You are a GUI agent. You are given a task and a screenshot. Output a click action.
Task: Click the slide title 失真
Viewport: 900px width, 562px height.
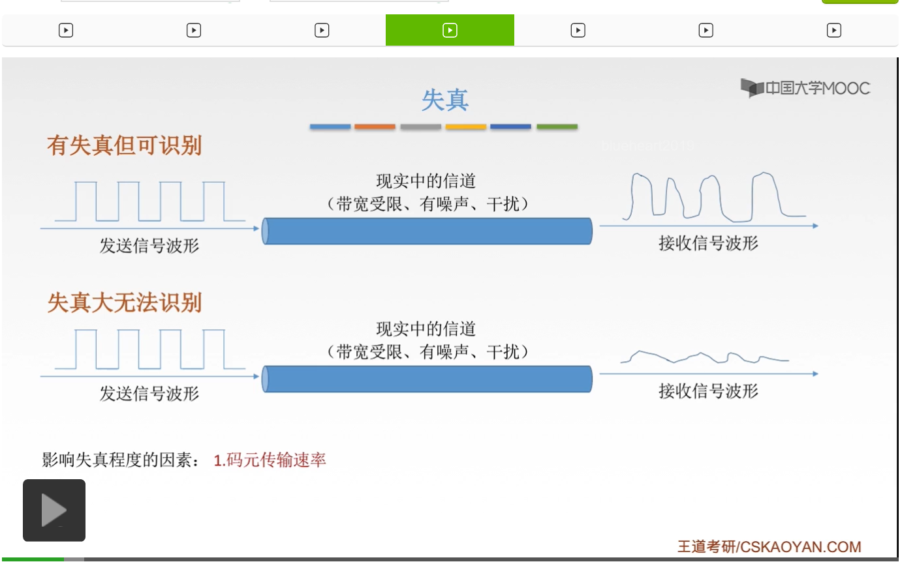pyautogui.click(x=444, y=100)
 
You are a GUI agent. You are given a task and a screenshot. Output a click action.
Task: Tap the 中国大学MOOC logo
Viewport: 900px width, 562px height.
pyautogui.click(x=805, y=88)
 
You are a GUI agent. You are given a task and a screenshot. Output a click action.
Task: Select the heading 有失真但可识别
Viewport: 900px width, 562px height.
pyautogui.click(x=124, y=145)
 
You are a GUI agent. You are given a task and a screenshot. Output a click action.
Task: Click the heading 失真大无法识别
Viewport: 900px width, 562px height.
pyautogui.click(x=124, y=303)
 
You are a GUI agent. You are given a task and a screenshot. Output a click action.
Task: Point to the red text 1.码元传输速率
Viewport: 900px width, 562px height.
pyautogui.click(x=270, y=460)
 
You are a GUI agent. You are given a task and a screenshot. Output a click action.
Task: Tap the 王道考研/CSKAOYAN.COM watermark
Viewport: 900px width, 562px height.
pyautogui.click(x=769, y=546)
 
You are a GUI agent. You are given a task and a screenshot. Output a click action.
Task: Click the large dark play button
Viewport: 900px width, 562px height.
pyautogui.click(x=54, y=510)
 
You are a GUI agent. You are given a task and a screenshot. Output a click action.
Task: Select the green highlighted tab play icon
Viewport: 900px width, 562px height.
pyautogui.click(x=450, y=30)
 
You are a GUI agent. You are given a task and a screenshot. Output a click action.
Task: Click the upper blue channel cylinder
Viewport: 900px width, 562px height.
pyautogui.click(x=427, y=231)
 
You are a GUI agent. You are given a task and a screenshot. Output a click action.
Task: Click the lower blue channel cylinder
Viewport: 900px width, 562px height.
pyautogui.click(x=427, y=379)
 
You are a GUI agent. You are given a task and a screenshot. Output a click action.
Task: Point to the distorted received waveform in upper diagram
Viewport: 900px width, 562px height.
pyautogui.click(x=711, y=196)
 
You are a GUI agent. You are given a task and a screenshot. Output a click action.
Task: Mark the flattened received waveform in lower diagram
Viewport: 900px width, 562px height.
pyautogui.click(x=705, y=357)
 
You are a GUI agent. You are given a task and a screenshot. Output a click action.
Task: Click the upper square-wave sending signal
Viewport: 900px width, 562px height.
pyautogui.click(x=140, y=201)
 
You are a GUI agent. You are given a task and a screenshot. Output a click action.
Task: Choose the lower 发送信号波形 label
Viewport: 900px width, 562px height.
pyautogui.click(x=149, y=394)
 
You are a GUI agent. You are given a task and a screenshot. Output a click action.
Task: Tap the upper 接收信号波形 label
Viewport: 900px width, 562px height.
pyautogui.click(x=708, y=244)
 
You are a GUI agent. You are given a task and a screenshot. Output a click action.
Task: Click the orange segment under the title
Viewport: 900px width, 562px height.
pyautogui.click(x=375, y=126)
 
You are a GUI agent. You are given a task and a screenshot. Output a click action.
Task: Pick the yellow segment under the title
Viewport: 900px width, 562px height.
pyautogui.click(x=465, y=126)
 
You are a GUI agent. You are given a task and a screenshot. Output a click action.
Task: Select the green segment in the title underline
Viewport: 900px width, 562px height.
pyautogui.click(x=557, y=126)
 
